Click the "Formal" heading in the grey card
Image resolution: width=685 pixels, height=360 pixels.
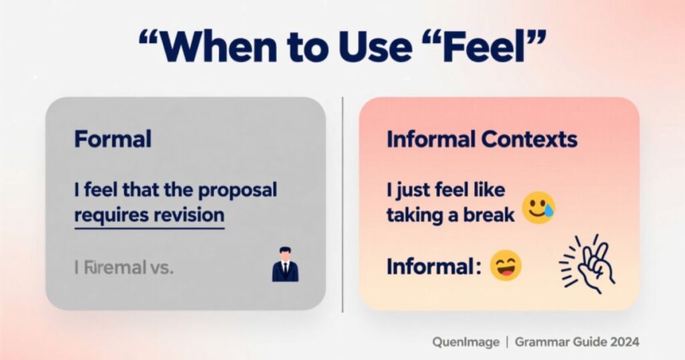pyautogui.click(x=112, y=139)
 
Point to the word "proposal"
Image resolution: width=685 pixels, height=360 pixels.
pyautogui.click(x=237, y=190)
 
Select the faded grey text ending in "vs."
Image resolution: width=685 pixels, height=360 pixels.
pyautogui.click(x=124, y=268)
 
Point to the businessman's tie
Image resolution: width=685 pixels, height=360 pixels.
pyautogui.click(x=285, y=270)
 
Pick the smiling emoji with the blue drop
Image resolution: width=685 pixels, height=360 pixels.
pyautogui.click(x=539, y=208)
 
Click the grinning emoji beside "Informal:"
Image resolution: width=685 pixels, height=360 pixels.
pyautogui.click(x=505, y=266)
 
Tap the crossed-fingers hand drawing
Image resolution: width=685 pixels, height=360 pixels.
pyautogui.click(x=587, y=264)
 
